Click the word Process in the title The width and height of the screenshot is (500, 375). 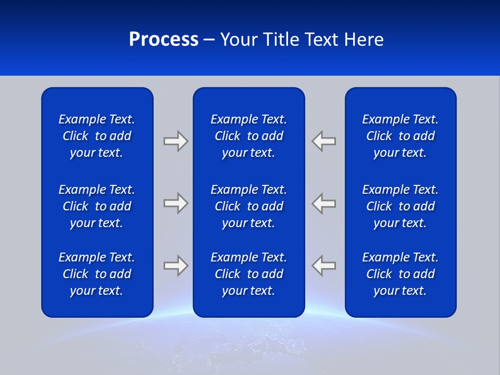(164, 40)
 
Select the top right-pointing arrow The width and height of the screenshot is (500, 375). (176, 141)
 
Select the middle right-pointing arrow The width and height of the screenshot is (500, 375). (176, 203)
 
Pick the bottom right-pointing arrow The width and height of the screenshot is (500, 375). (176, 266)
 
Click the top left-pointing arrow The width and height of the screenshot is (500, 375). (324, 141)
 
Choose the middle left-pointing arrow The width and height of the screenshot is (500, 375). (324, 203)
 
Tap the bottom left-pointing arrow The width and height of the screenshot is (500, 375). (324, 266)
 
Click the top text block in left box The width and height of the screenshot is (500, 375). (97, 136)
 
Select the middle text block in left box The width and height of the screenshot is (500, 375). (97, 206)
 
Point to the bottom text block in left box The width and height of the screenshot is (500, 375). (97, 274)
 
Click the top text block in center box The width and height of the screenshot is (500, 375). (248, 136)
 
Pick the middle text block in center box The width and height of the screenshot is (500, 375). (248, 206)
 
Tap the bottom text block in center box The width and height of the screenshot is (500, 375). (248, 274)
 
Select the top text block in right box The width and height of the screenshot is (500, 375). (400, 136)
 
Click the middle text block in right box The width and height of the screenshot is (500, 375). (400, 206)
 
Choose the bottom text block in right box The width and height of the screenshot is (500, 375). (400, 274)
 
